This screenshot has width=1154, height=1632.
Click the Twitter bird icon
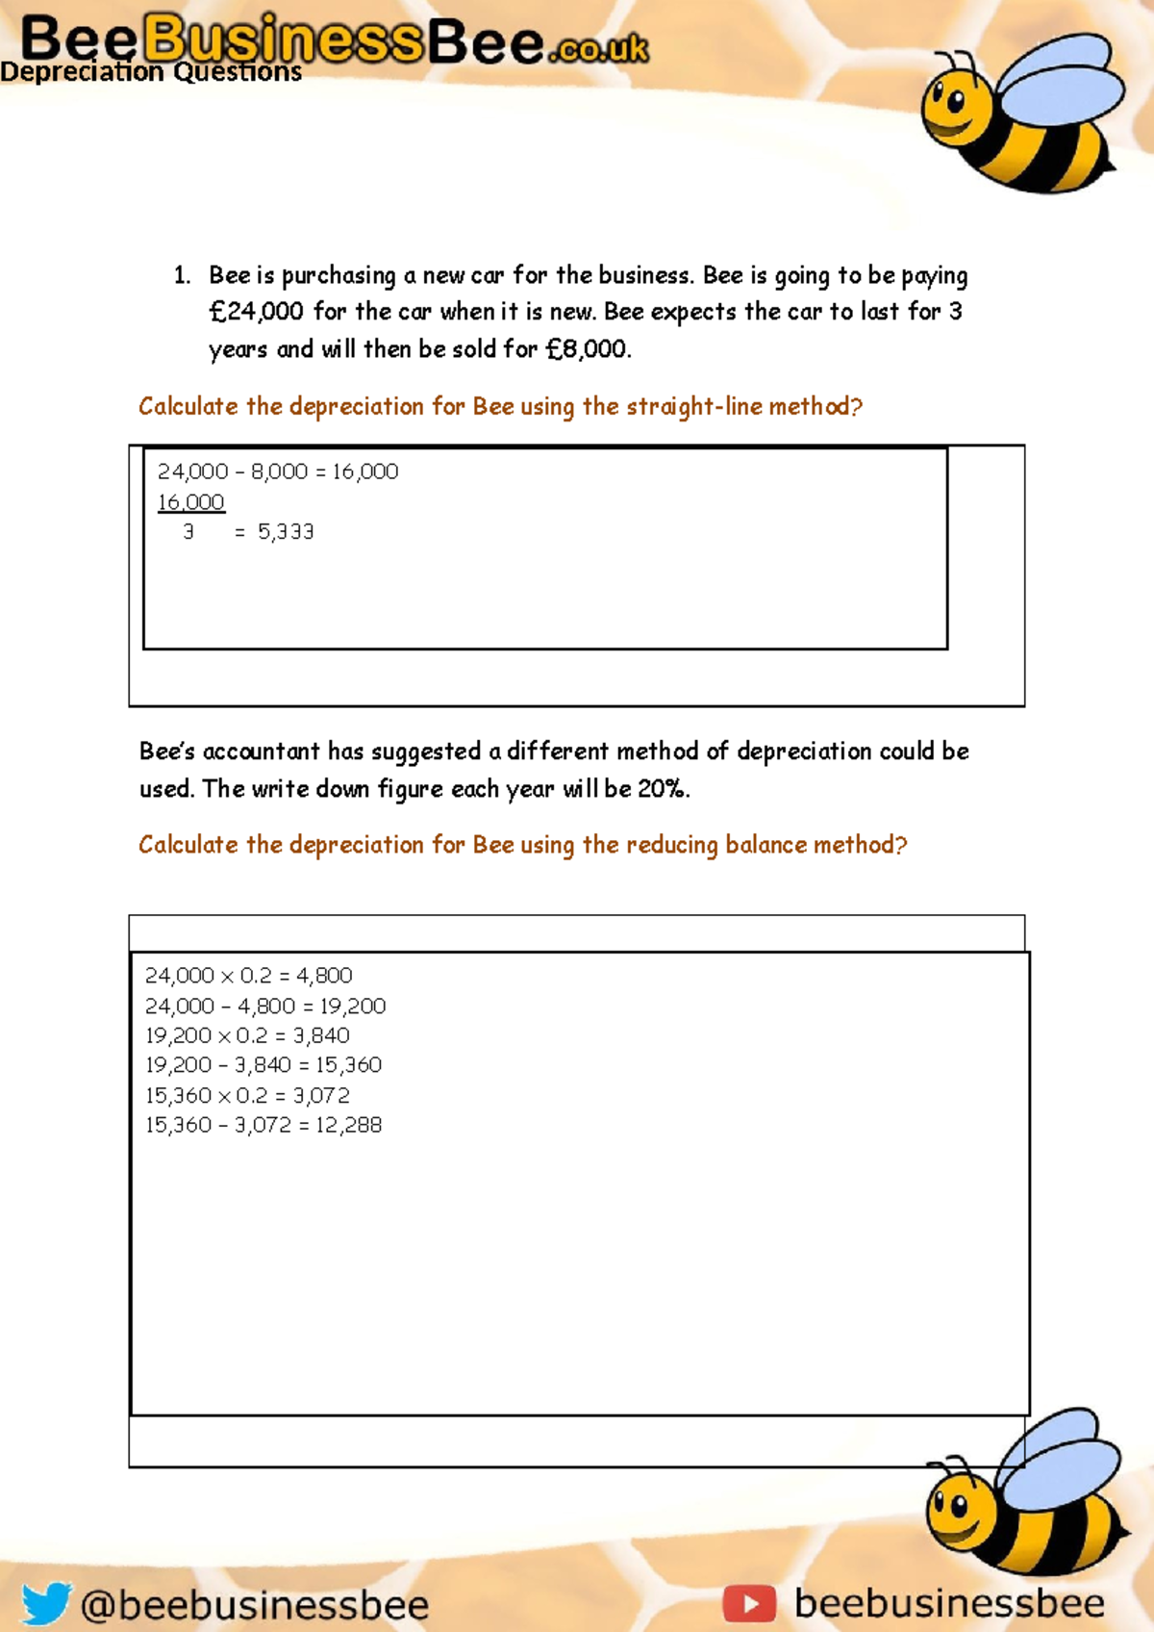point(46,1603)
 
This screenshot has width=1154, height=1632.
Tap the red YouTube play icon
point(749,1603)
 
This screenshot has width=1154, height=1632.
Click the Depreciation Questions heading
point(151,72)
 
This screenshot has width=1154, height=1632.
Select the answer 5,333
point(286,532)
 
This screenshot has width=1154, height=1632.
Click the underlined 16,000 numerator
point(190,501)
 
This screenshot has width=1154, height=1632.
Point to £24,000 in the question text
point(256,312)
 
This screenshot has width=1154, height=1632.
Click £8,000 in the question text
point(587,349)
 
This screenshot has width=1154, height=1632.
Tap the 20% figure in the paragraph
point(662,789)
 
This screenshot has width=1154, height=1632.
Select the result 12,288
point(348,1125)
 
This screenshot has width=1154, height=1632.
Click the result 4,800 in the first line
point(324,976)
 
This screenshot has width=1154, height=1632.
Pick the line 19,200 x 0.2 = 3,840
point(247,1035)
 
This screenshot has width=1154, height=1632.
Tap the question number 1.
point(182,275)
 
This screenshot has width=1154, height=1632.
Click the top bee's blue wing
point(1063,82)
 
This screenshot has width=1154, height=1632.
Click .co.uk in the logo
point(599,48)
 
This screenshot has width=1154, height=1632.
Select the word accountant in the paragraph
point(261,752)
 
